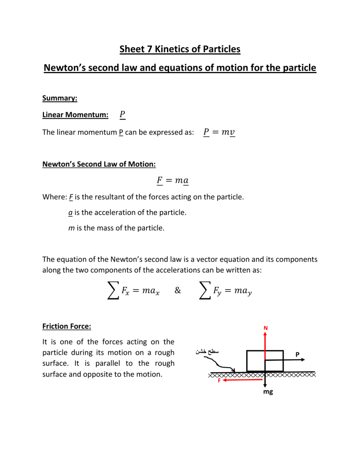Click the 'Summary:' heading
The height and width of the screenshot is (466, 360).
[x=60, y=99]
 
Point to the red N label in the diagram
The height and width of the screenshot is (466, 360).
[x=265, y=328]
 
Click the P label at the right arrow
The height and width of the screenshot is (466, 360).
[x=298, y=355]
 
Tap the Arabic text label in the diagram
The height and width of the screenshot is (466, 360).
[x=206, y=350]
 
